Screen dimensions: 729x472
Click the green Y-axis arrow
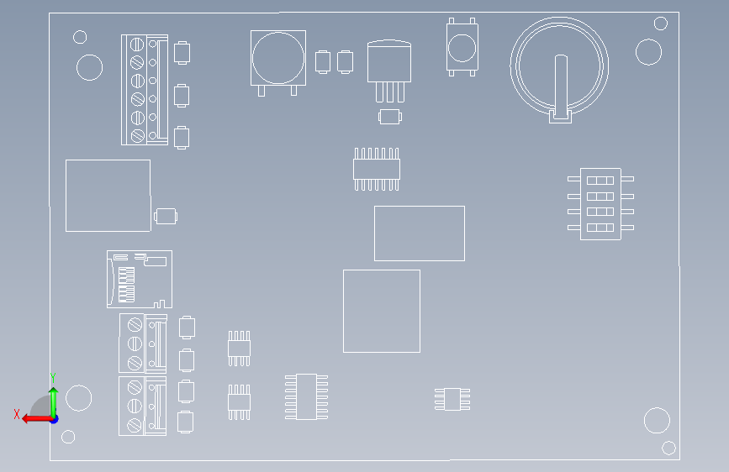[x=54, y=402]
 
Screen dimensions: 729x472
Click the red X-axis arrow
[x=37, y=418]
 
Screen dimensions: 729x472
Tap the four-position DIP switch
[x=600, y=204]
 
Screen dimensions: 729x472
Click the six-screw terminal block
[x=145, y=90]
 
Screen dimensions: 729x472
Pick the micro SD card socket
[x=140, y=279]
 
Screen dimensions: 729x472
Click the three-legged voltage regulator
[x=389, y=71]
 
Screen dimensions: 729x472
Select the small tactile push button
[x=462, y=47]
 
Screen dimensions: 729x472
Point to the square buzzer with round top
[x=278, y=63]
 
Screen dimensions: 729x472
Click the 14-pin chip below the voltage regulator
[x=377, y=169]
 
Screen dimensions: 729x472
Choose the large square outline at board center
[x=382, y=312]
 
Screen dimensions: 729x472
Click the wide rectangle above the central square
[x=420, y=233]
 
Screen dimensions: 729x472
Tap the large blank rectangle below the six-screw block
[x=108, y=196]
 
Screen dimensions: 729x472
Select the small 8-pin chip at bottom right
[x=452, y=399]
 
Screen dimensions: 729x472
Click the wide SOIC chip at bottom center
[x=306, y=396]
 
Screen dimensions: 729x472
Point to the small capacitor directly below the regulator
[x=390, y=117]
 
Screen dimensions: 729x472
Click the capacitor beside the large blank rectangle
[x=166, y=216]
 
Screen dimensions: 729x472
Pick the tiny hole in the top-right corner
[x=661, y=24]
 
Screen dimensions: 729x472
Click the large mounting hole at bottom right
[x=657, y=421]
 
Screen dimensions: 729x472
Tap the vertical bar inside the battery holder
[x=561, y=86]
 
